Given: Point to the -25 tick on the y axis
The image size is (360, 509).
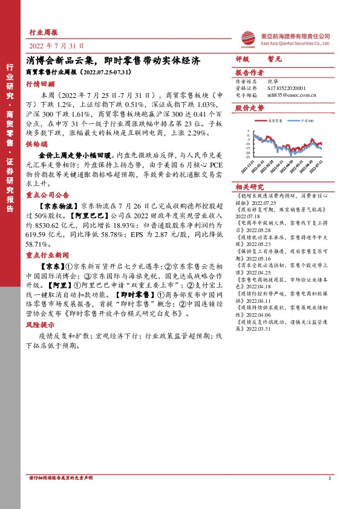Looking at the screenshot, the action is click(x=247, y=156).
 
